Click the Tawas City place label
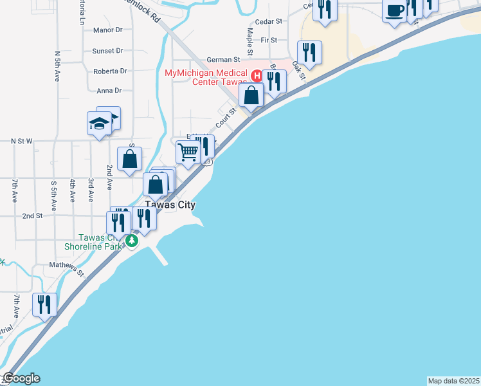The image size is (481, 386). pyautogui.click(x=170, y=205)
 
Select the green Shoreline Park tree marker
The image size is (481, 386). pyautogui.click(x=132, y=241)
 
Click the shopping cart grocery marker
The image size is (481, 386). pyautogui.click(x=188, y=153)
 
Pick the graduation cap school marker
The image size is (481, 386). pyautogui.click(x=100, y=123)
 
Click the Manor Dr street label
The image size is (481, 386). pyautogui.click(x=107, y=30)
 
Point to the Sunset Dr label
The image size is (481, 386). pyautogui.click(x=107, y=51)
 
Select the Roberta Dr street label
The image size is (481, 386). pyautogui.click(x=110, y=71)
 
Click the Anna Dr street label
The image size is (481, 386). pyautogui.click(x=109, y=91)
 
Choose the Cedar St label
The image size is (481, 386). pyautogui.click(x=269, y=21)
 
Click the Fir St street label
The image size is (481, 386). pyautogui.click(x=269, y=40)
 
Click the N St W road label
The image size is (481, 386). pyautogui.click(x=22, y=140)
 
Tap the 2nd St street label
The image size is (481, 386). pyautogui.click(x=32, y=216)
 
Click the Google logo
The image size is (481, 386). pyautogui.click(x=21, y=378)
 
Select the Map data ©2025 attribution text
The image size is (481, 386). pyautogui.click(x=454, y=381)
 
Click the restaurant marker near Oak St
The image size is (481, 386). pyautogui.click(x=309, y=53)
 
